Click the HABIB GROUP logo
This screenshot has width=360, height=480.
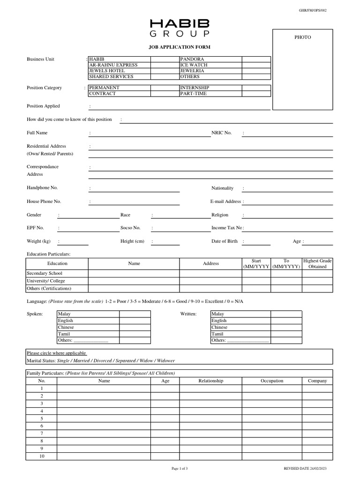(x=180, y=28)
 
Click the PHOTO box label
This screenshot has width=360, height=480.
(x=302, y=37)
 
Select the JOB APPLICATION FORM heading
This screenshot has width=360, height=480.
(x=180, y=47)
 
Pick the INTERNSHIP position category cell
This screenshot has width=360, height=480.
(x=194, y=88)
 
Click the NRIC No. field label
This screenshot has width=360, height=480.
(x=222, y=133)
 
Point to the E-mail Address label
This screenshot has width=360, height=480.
(x=225, y=202)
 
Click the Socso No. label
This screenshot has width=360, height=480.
(x=130, y=228)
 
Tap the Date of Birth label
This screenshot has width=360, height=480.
(x=225, y=241)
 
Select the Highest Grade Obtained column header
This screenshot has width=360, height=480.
(x=317, y=263)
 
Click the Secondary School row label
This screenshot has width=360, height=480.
(x=45, y=273)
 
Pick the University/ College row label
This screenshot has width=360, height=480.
(x=46, y=281)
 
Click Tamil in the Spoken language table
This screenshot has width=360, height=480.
(x=64, y=334)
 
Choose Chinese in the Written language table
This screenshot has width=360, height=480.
(x=219, y=327)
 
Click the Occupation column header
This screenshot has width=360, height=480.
(x=272, y=381)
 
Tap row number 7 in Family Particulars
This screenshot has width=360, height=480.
(x=42, y=434)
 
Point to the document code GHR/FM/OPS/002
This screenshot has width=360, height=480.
(x=313, y=10)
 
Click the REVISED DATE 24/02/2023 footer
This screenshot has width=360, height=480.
(x=305, y=469)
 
